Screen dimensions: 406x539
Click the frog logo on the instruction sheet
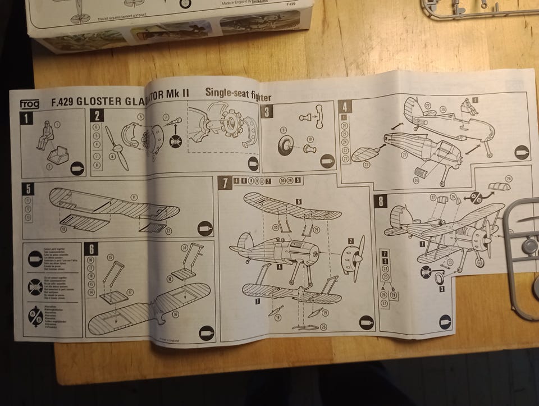point(30,103)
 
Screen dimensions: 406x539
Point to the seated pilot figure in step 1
point(45,134)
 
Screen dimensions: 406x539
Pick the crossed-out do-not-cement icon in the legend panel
point(35,288)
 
